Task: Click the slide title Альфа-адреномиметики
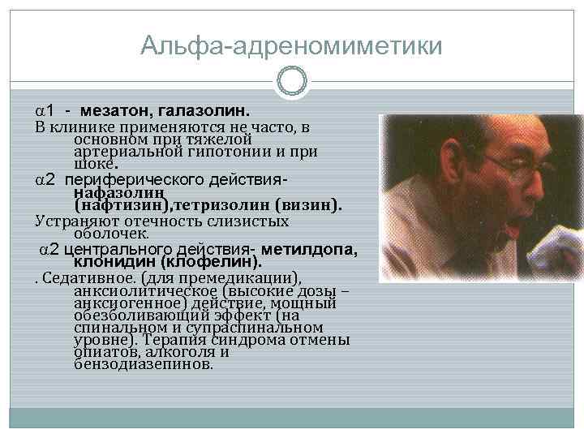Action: point(292,45)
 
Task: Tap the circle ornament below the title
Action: point(292,81)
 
